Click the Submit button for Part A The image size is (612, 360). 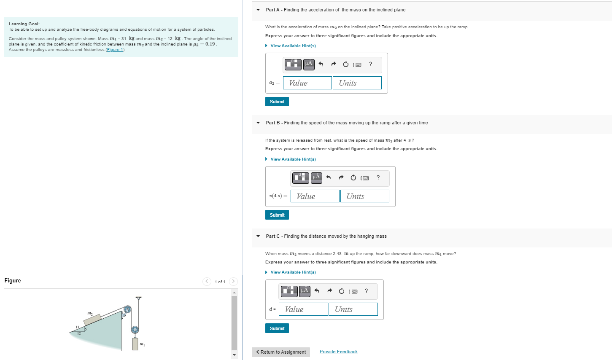(x=277, y=102)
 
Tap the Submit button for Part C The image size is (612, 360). (x=277, y=328)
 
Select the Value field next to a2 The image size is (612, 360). (x=307, y=83)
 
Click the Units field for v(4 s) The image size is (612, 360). (x=364, y=196)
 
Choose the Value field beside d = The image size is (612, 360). (x=303, y=309)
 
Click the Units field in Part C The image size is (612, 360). (x=353, y=309)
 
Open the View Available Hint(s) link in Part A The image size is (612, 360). (x=293, y=46)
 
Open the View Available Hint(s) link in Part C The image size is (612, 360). (x=293, y=272)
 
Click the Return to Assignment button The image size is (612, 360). (x=281, y=352)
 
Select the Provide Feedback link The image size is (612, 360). (x=338, y=352)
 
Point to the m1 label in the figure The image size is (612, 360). (x=143, y=345)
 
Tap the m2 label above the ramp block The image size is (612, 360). (x=90, y=313)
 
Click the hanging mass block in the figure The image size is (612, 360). (x=135, y=343)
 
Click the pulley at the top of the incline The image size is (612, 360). (x=127, y=310)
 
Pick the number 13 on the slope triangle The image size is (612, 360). (x=77, y=327)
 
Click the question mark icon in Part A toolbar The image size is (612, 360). (x=370, y=64)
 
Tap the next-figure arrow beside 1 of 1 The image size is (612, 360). (x=233, y=282)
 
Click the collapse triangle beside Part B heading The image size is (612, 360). (x=258, y=123)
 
